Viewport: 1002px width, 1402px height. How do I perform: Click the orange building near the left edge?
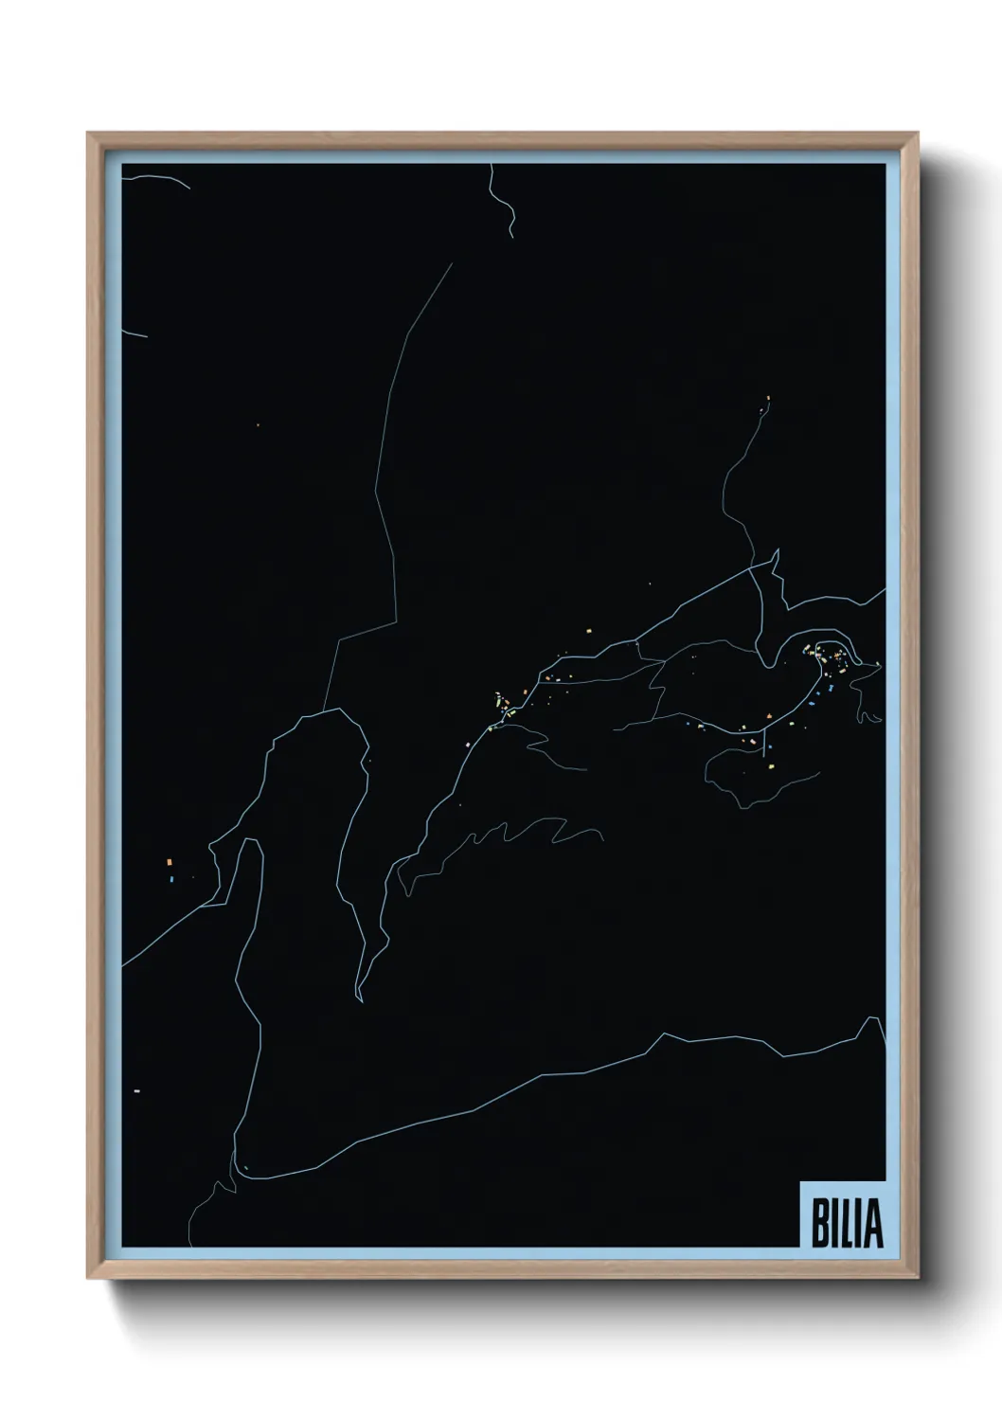169,862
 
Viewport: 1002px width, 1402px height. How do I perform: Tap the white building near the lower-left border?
137,1091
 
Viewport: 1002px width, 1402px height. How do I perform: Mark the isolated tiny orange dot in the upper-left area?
257,425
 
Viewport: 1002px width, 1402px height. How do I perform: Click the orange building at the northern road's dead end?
768,398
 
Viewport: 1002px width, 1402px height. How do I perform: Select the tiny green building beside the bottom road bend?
244,1167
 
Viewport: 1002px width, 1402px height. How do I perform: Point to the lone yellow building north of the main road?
589,628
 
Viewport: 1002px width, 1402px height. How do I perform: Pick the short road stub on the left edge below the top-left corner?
134,333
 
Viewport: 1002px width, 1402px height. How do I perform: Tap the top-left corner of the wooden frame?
89,134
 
